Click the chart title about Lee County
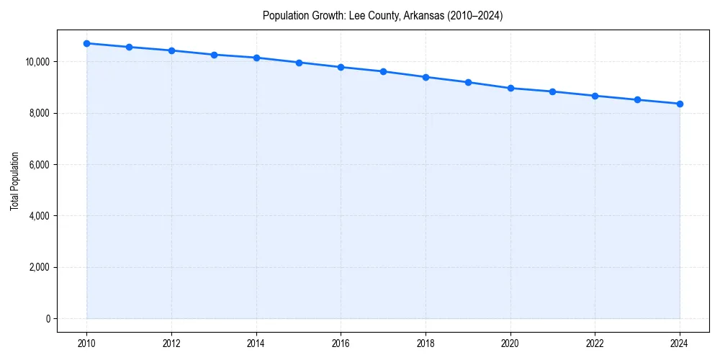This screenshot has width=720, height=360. coord(382,15)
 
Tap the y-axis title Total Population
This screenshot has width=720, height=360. coord(14,181)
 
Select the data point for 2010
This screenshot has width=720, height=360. coord(87,43)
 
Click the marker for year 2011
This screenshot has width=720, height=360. coord(129,47)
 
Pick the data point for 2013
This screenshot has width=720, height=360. coord(214,55)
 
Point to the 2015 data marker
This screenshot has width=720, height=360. coord(299,63)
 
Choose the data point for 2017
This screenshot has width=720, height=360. coord(383,71)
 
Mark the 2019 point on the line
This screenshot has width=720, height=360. coord(468,82)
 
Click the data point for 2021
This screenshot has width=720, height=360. coord(552,91)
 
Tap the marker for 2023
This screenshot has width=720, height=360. coord(637,99)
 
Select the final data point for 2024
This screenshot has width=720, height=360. coord(680,104)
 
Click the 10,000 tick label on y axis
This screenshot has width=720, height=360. coord(37,62)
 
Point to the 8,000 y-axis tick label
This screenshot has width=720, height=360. coord(39,113)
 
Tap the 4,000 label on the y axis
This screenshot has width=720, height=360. coord(39,216)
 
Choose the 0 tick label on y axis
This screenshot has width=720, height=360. coord(48,319)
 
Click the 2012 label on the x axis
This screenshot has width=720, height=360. coord(171,343)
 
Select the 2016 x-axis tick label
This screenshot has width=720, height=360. coord(341,343)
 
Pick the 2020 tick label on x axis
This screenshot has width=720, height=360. coord(510,343)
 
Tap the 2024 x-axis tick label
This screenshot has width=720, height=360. coord(680,343)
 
